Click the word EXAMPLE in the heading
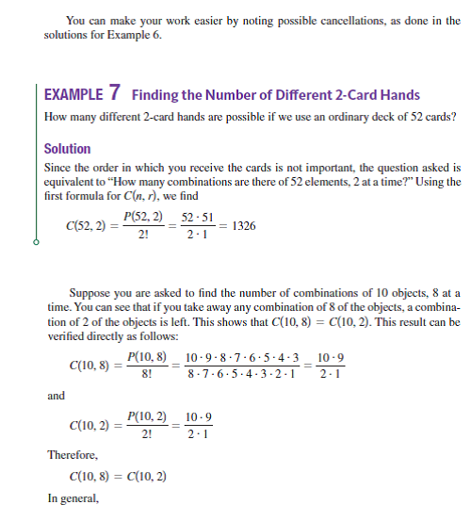pos(72,94)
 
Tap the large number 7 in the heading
pos(114,92)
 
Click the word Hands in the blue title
pos(400,95)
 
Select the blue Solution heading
pos(68,149)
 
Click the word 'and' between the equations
pos(55,397)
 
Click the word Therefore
pos(72,455)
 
